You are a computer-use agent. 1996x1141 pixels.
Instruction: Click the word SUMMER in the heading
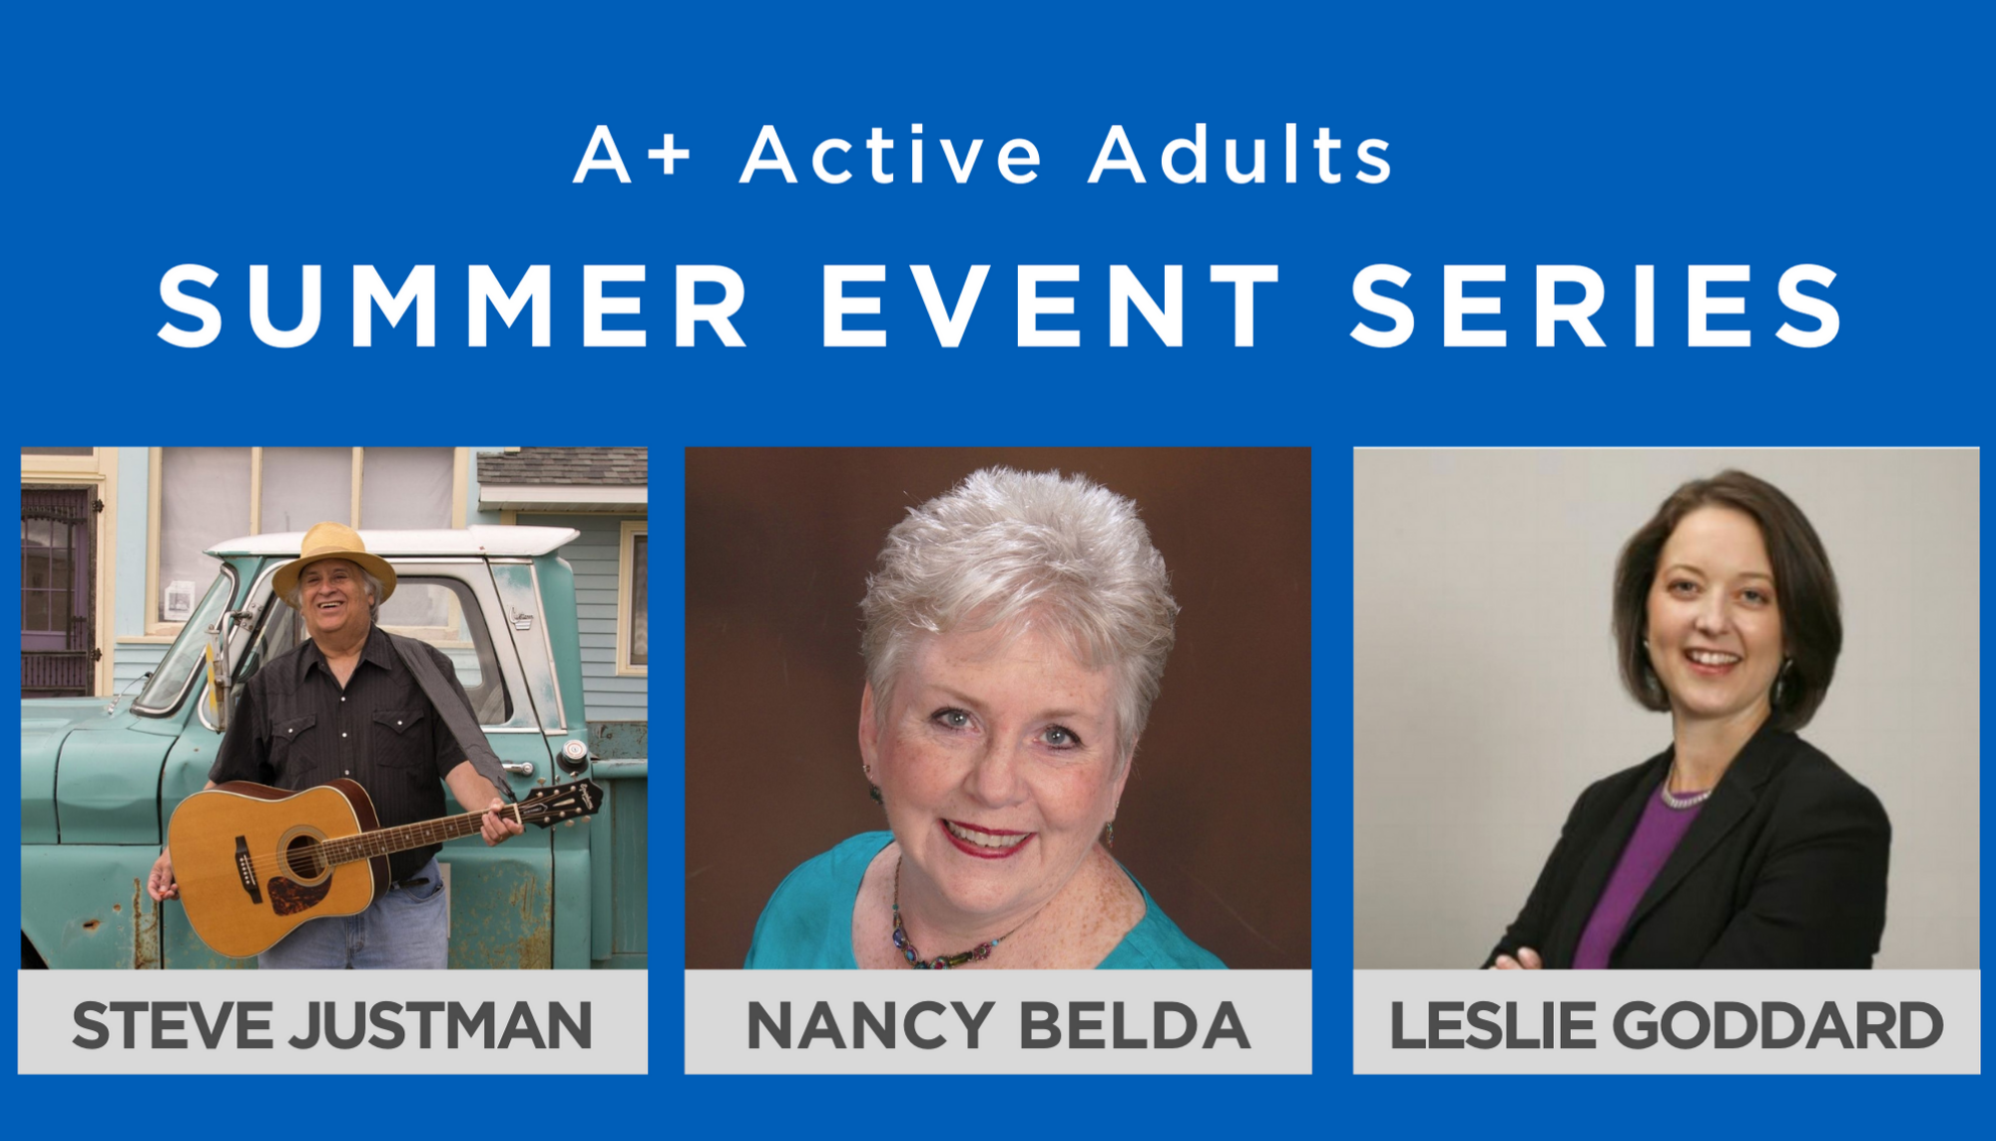point(454,305)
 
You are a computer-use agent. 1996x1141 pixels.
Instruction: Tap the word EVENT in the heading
point(1051,305)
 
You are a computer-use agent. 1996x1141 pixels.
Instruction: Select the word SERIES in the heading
point(1596,305)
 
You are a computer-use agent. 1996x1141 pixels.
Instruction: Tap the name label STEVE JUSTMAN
point(332,1025)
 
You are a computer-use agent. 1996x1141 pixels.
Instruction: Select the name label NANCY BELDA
point(998,1025)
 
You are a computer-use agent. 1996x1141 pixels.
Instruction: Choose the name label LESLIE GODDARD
point(1666,1025)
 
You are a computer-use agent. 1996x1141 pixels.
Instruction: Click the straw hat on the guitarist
point(334,557)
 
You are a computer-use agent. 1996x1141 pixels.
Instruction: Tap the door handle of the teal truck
point(518,767)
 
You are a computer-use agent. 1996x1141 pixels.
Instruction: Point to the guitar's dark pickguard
point(295,892)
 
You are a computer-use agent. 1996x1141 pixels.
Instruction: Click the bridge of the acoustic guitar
point(244,869)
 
